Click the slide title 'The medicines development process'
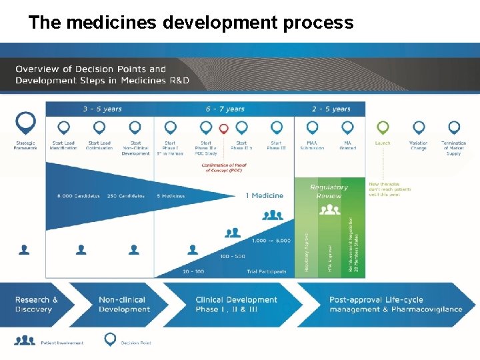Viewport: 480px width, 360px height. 191,23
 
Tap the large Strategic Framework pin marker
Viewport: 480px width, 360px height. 25,122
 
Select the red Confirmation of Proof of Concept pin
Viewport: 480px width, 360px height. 224,128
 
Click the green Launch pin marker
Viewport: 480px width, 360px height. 383,127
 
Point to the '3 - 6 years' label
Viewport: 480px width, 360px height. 102,109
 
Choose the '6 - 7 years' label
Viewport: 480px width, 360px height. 225,109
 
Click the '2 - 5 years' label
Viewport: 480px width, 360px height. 331,109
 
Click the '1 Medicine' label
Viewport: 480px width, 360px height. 264,195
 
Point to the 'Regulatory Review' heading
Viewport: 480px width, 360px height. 329,191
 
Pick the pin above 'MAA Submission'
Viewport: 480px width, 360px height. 312,127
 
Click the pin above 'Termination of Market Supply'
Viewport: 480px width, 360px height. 454,127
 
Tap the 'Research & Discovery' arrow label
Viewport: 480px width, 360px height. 37,304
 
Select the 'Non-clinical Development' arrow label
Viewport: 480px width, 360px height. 125,304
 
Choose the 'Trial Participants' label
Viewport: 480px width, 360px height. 266,271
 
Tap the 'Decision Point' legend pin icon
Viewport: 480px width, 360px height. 110,339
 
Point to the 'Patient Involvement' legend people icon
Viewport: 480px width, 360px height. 25,340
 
